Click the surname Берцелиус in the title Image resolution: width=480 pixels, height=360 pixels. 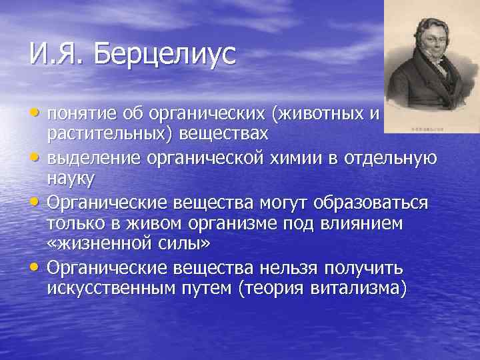point(165,54)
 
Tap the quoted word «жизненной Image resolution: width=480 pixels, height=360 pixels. point(101,244)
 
